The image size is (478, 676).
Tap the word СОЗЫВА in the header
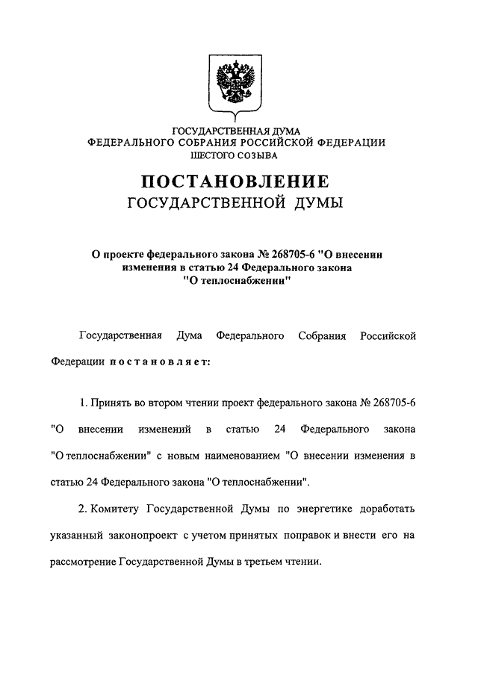tap(259, 155)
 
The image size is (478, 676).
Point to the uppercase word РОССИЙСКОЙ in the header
tap(285, 142)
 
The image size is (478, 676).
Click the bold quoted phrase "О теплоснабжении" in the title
tap(236, 281)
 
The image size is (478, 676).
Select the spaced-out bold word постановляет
tap(161, 363)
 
